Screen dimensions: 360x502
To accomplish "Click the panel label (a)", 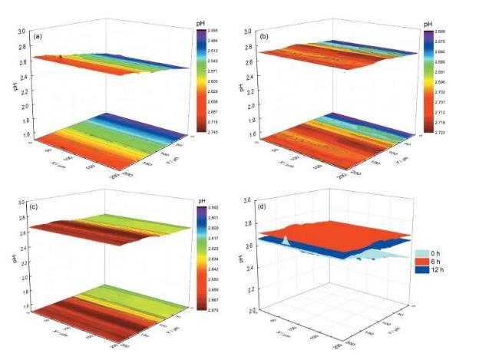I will pos(37,36).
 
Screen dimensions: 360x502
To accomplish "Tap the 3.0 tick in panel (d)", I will pos(249,200).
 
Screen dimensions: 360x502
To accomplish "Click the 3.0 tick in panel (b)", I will pos(249,31).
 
